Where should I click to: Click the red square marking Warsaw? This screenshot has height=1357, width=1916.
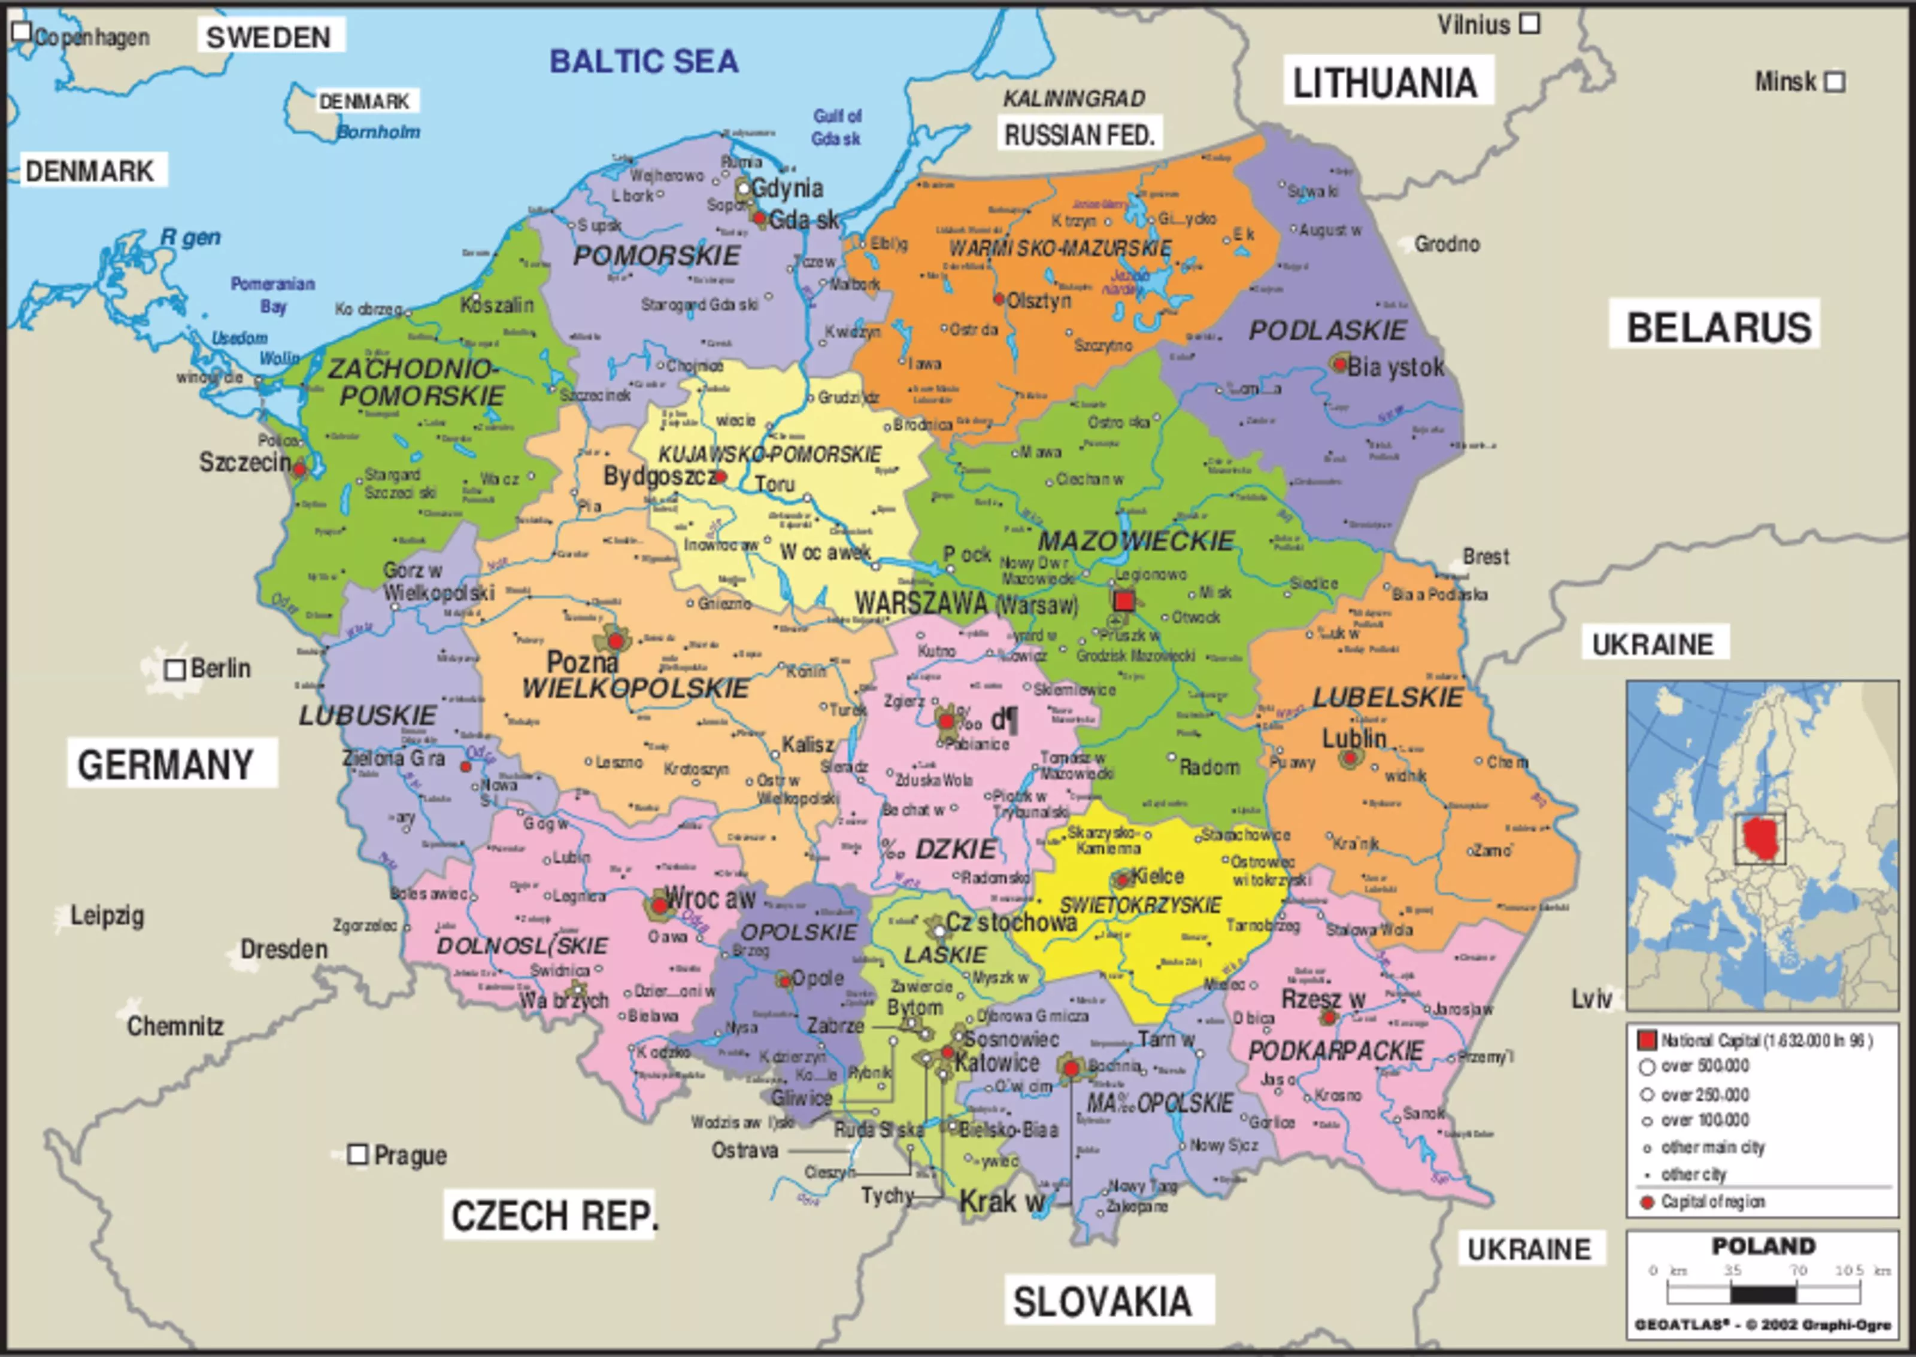coord(1124,600)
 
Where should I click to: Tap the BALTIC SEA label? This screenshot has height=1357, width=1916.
coord(644,61)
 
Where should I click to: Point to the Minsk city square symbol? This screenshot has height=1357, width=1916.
coord(1835,82)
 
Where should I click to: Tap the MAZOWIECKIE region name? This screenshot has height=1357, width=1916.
coord(1135,541)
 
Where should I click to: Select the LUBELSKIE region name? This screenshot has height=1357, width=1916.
coord(1388,697)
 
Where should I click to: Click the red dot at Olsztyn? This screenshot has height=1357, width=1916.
coord(999,299)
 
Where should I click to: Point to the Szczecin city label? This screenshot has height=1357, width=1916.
coord(244,461)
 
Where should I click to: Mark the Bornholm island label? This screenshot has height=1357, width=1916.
coord(378,132)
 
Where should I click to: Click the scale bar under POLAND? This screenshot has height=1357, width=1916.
coord(1763,1294)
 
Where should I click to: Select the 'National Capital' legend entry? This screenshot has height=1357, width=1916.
coord(1764,1040)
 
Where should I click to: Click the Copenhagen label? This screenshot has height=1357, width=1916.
coord(92,38)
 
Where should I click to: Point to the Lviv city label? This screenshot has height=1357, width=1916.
coord(1591,999)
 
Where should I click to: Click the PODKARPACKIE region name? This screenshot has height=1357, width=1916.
coord(1335,1050)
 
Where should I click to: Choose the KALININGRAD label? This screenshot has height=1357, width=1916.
coord(1074,99)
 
